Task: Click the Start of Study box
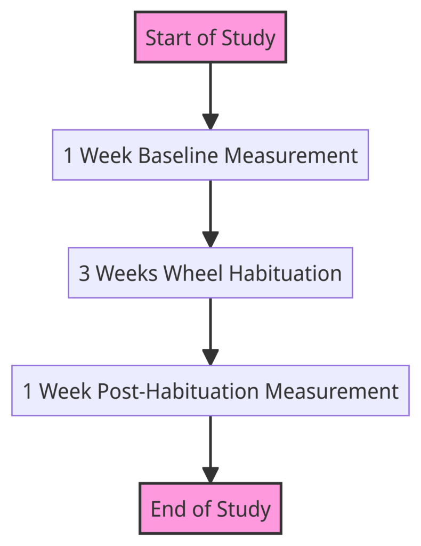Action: point(210,37)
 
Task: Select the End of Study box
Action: point(210,508)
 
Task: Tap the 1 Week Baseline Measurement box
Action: point(210,155)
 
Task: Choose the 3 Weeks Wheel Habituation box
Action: point(210,272)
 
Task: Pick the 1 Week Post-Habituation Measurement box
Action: point(210,390)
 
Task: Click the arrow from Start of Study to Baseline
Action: point(210,96)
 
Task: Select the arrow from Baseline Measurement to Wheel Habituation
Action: point(210,214)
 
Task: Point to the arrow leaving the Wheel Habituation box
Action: point(210,332)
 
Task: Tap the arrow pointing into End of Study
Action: point(210,449)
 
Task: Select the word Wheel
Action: point(193,273)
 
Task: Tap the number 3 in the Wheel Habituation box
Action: point(84,274)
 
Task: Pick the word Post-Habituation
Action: point(178,391)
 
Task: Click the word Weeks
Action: point(127,273)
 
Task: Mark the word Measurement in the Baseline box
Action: point(291,155)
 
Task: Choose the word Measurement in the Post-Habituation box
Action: point(332,391)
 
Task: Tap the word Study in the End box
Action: point(244,509)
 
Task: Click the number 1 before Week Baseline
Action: point(69,156)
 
